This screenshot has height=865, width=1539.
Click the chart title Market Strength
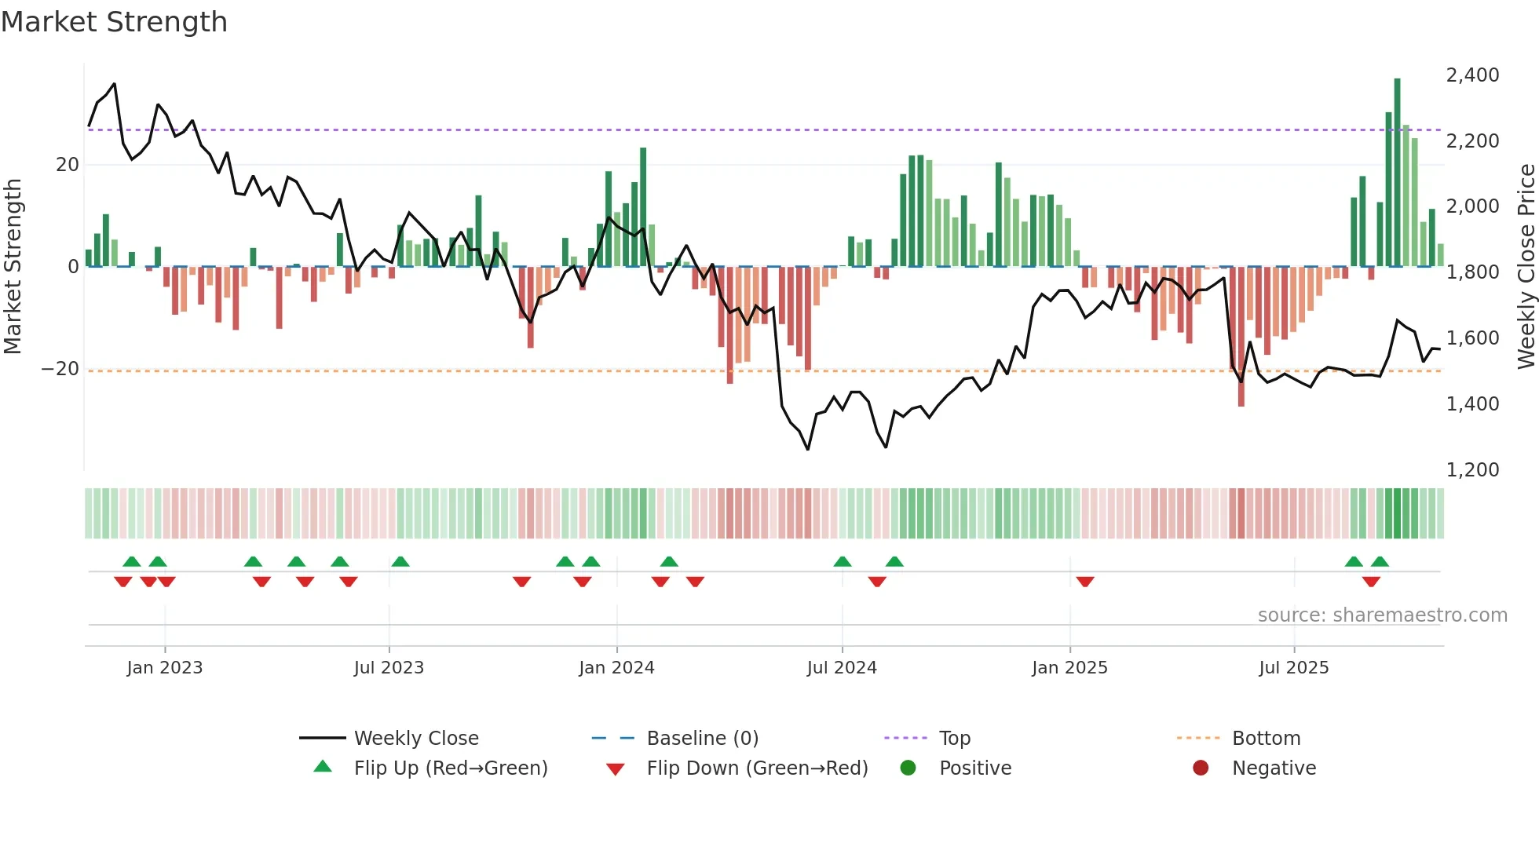114,22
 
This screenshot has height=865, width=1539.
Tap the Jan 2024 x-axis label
616,668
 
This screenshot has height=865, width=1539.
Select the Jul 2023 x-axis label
389,668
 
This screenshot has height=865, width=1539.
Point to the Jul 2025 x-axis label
1293,668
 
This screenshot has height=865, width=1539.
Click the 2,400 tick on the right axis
1472,75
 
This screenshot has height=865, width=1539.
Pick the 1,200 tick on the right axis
1472,470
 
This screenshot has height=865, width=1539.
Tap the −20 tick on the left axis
60,369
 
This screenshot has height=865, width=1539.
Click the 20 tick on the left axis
68,165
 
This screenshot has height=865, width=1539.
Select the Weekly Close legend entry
415,739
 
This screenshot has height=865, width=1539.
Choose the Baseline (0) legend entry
702,739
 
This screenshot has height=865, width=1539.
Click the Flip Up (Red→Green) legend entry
450,768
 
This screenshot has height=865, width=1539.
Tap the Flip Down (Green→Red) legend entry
756,768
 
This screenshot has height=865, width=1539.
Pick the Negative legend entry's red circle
1200,768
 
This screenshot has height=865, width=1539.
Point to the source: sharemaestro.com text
1382,615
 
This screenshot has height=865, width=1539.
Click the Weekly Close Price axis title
1526,267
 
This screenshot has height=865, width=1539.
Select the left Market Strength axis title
13,267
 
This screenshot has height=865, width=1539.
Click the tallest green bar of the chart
1397,173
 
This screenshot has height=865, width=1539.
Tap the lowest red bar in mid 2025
1241,338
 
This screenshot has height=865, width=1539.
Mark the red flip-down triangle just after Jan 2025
1085,582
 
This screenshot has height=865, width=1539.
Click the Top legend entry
954,739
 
